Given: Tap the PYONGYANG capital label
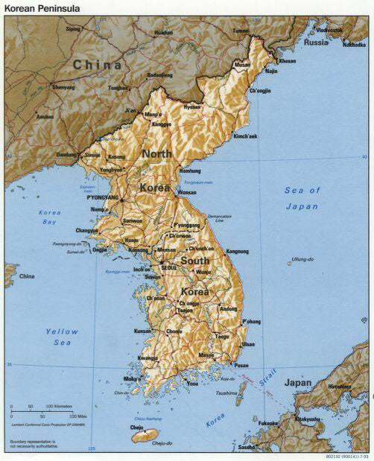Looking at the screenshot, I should [x=103, y=197].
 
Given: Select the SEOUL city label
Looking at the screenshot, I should [x=170, y=267].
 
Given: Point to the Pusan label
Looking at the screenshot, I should [x=241, y=366].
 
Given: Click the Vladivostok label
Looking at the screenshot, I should [x=329, y=30].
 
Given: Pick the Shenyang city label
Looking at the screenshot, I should [x=63, y=87].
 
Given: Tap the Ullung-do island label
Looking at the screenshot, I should [x=302, y=259].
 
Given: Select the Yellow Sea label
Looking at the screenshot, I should [x=62, y=337].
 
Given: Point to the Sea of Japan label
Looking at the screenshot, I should [x=302, y=198].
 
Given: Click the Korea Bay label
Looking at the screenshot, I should [x=49, y=217].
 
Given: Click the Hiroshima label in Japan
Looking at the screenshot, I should [x=340, y=387].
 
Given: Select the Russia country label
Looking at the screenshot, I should [x=316, y=42].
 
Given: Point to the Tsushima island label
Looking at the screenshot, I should [x=226, y=392].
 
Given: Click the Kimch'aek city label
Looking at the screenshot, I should [x=245, y=136].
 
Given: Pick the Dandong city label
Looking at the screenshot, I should [x=66, y=155].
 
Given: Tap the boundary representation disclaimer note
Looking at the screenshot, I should [x=37, y=445].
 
